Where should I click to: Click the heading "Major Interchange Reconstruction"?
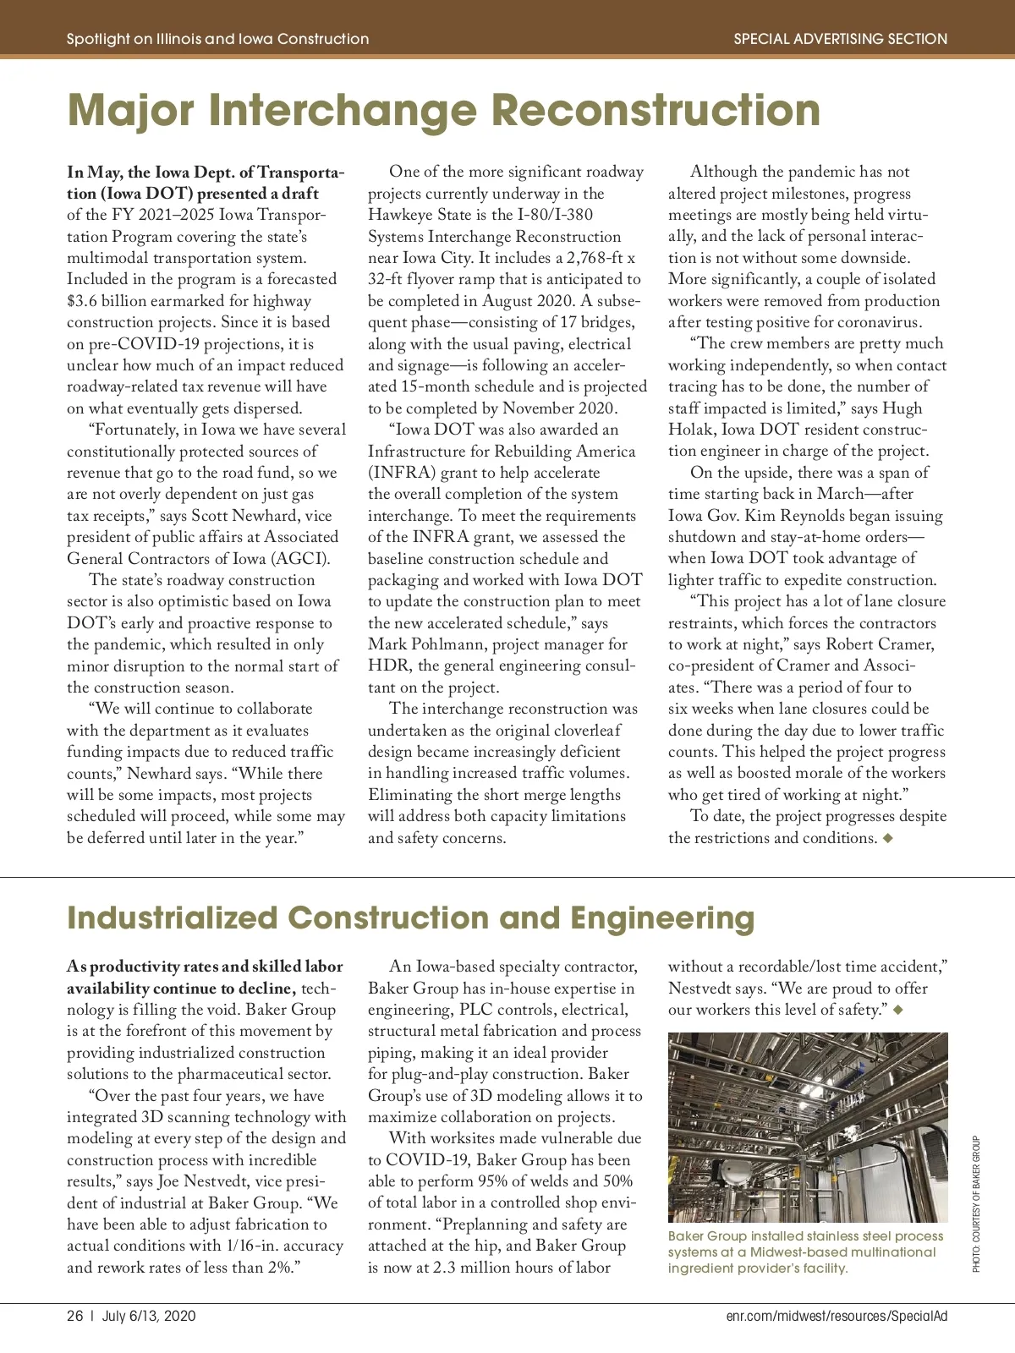point(443,111)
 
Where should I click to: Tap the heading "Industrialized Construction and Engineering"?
point(410,918)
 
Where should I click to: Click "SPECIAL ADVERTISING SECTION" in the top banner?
point(840,39)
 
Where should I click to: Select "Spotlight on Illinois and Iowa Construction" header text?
point(217,39)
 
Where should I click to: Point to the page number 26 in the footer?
point(75,1316)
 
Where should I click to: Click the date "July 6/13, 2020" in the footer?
point(149,1316)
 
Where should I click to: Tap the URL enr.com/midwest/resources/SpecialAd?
point(837,1316)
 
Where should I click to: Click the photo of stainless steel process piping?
point(808,1126)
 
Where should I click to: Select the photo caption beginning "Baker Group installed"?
point(805,1252)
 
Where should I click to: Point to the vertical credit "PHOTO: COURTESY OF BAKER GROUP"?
point(976,1203)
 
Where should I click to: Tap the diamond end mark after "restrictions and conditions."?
point(887,838)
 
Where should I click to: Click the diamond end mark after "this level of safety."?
point(898,1010)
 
